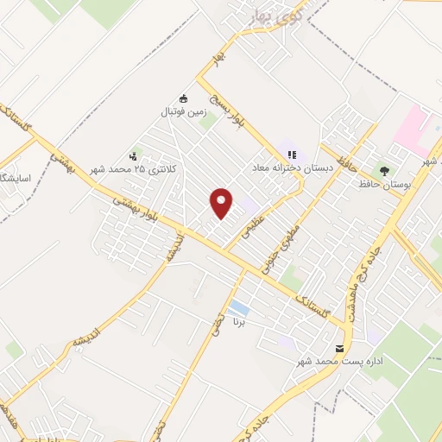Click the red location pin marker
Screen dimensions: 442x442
pyautogui.click(x=223, y=204)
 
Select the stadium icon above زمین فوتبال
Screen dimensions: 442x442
pyautogui.click(x=182, y=98)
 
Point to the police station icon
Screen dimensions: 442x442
pyautogui.click(x=133, y=156)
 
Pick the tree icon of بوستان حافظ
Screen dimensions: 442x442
pyautogui.click(x=384, y=170)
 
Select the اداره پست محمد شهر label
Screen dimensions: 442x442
pyautogui.click(x=339, y=362)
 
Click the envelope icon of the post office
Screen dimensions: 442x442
pyautogui.click(x=338, y=349)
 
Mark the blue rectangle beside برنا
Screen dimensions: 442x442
pyautogui.click(x=239, y=307)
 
